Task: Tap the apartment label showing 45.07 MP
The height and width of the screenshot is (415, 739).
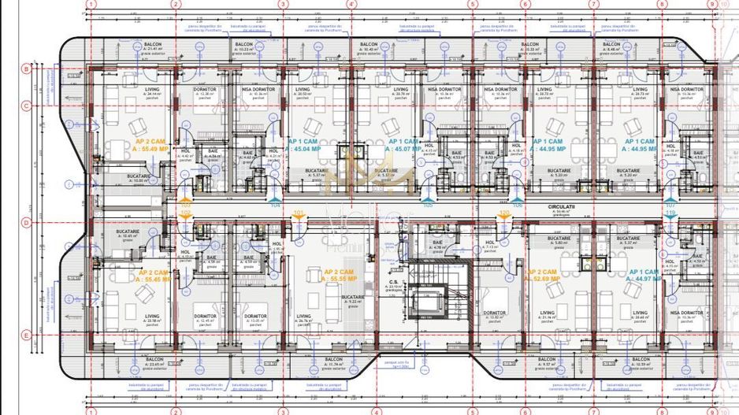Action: (402, 145)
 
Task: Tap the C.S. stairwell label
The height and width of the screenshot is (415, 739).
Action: (392, 283)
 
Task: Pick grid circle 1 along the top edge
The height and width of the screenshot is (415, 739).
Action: (91, 4)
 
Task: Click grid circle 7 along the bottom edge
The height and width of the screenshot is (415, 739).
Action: (593, 411)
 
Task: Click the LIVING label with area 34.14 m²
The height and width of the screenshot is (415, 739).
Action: (152, 92)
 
